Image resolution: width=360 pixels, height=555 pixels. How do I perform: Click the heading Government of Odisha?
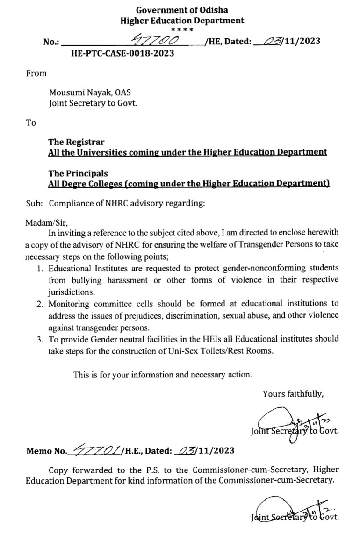point(182,10)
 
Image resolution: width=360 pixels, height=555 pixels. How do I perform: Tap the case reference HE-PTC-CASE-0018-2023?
point(122,53)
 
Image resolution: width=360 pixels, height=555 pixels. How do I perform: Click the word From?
point(36,73)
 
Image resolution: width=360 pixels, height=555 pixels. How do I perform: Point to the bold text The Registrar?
point(76,142)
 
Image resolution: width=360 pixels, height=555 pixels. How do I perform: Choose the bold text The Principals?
point(78,173)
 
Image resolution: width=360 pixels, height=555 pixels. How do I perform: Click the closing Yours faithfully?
point(293,394)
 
